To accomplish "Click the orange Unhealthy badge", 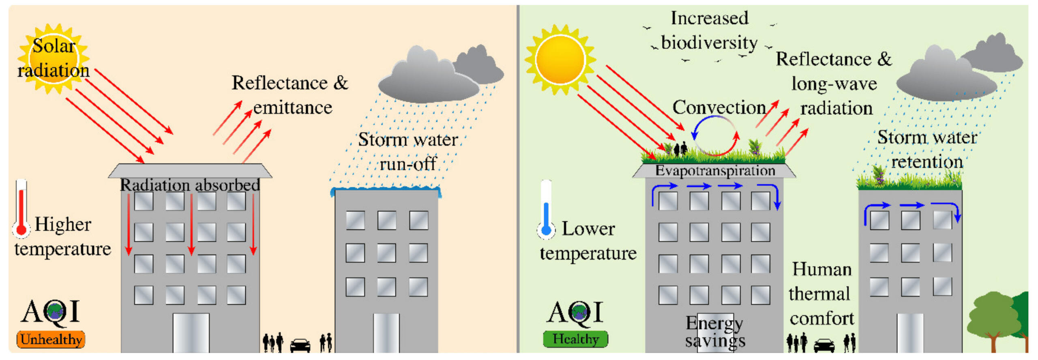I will tap(51, 339).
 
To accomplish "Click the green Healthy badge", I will tap(575, 339).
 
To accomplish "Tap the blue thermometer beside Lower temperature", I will tap(546, 211).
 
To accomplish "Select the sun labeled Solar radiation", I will tap(54, 59).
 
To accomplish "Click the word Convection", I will tap(719, 108).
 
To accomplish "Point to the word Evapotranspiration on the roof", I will tap(715, 171).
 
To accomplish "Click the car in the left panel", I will tap(300, 345).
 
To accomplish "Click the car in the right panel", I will tap(824, 345).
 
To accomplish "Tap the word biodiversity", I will tap(709, 43).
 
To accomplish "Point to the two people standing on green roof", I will tap(680, 149).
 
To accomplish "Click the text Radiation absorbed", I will tap(190, 185).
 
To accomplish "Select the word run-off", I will tap(407, 164).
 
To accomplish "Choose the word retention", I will tap(927, 162).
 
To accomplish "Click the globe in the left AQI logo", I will tap(54, 311).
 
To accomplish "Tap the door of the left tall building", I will tap(191, 332).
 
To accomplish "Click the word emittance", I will tap(292, 108).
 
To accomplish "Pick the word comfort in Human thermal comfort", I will tap(822, 319).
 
